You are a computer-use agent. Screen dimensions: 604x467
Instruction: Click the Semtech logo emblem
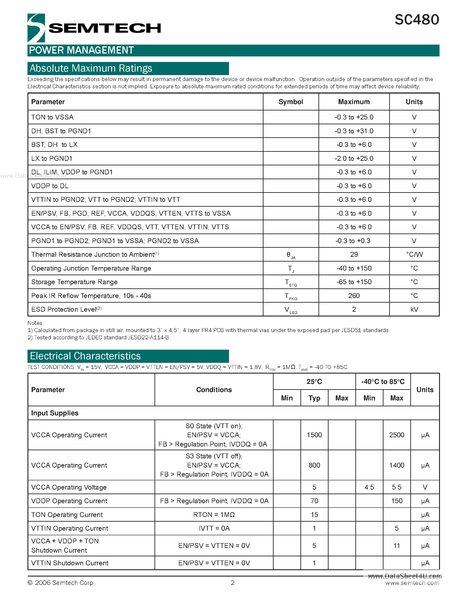click(36, 28)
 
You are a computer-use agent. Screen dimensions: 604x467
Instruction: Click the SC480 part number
click(416, 20)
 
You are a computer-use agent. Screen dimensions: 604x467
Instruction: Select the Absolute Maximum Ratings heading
click(91, 68)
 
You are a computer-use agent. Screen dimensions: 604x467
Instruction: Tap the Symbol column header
click(291, 102)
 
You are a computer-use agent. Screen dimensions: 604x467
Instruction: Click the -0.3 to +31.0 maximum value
click(354, 131)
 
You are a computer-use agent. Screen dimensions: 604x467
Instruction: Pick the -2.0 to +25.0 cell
click(354, 158)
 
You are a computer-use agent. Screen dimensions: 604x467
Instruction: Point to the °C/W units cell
click(414, 254)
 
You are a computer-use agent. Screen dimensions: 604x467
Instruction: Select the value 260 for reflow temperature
click(354, 296)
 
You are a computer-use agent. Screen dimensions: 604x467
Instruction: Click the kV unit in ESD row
click(414, 309)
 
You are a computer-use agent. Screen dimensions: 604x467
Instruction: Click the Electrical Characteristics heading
click(85, 356)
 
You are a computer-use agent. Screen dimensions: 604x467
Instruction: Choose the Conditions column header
click(214, 390)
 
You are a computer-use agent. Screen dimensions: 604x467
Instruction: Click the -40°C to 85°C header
click(383, 382)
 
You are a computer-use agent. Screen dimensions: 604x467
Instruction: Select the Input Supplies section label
click(55, 413)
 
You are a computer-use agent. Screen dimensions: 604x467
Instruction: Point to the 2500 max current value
click(396, 435)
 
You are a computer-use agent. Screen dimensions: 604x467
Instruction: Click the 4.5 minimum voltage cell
click(369, 487)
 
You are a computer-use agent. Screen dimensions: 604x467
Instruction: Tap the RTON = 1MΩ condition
click(214, 515)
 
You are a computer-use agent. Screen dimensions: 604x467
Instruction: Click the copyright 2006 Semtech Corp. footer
click(61, 583)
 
